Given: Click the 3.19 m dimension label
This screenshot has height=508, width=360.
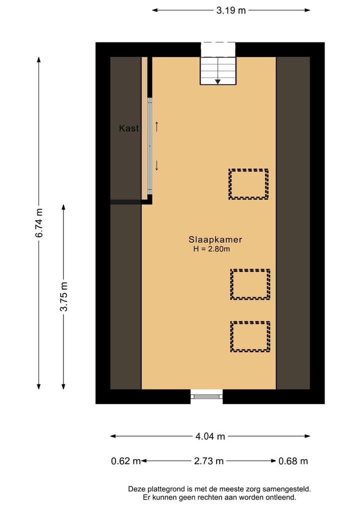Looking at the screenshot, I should (x=231, y=10).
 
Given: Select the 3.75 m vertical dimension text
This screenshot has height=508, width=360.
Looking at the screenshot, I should (x=63, y=297).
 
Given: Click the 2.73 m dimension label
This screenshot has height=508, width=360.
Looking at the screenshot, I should (x=208, y=461).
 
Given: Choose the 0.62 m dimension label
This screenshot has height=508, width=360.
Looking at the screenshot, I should (x=125, y=461).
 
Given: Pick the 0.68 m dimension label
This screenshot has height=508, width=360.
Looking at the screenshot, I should (x=293, y=461).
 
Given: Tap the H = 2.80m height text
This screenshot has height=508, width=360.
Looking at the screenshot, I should (x=211, y=249).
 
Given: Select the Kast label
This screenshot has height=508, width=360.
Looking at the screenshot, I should (x=128, y=128).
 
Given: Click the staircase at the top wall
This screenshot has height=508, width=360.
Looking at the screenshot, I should (x=218, y=70).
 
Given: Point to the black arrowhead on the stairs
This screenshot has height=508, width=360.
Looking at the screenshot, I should (x=218, y=81).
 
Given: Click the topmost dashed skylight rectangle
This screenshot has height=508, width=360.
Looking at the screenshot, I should (x=248, y=184).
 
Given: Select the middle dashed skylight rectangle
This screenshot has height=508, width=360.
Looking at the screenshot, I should (x=250, y=285).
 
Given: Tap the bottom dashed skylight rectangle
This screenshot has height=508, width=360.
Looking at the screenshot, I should (x=250, y=336).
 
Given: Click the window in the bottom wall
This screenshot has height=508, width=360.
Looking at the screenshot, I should (x=206, y=397).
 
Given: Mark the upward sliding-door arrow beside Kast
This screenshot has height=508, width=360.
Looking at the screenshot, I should (x=156, y=126).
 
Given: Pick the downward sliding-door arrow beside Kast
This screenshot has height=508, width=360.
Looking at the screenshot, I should (x=156, y=165).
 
